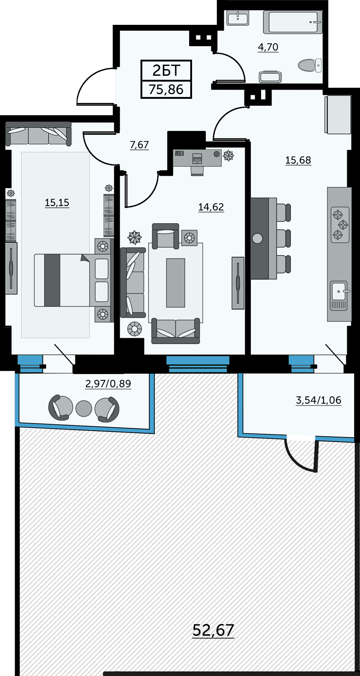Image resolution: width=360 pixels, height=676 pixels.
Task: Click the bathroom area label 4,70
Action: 268,47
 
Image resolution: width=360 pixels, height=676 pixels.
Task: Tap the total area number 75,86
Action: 166,89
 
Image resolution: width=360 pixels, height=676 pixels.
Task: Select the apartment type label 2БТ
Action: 166,70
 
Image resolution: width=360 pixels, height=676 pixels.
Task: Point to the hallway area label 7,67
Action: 139,145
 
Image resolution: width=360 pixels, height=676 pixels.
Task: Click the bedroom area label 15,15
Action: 57,203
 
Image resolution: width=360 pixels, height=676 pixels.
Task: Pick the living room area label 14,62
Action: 211,207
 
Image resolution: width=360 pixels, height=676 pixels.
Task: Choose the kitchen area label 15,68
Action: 298,160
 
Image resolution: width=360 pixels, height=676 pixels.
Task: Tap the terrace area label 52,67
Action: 213,630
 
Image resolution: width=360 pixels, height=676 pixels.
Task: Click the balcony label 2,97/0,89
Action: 108,384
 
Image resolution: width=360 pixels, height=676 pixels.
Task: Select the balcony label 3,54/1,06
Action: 319,400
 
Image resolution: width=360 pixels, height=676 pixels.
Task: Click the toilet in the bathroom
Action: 310,66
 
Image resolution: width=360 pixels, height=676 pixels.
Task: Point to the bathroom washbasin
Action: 238,18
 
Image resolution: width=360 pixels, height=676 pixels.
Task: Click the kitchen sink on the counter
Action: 339,295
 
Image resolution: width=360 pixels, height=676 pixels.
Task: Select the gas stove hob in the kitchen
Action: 340,225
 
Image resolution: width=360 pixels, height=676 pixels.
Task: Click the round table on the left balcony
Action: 84,408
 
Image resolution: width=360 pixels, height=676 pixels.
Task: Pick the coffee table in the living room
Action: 176,283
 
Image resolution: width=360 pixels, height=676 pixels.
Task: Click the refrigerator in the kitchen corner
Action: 338,115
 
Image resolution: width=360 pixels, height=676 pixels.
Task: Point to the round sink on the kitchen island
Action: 258,239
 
